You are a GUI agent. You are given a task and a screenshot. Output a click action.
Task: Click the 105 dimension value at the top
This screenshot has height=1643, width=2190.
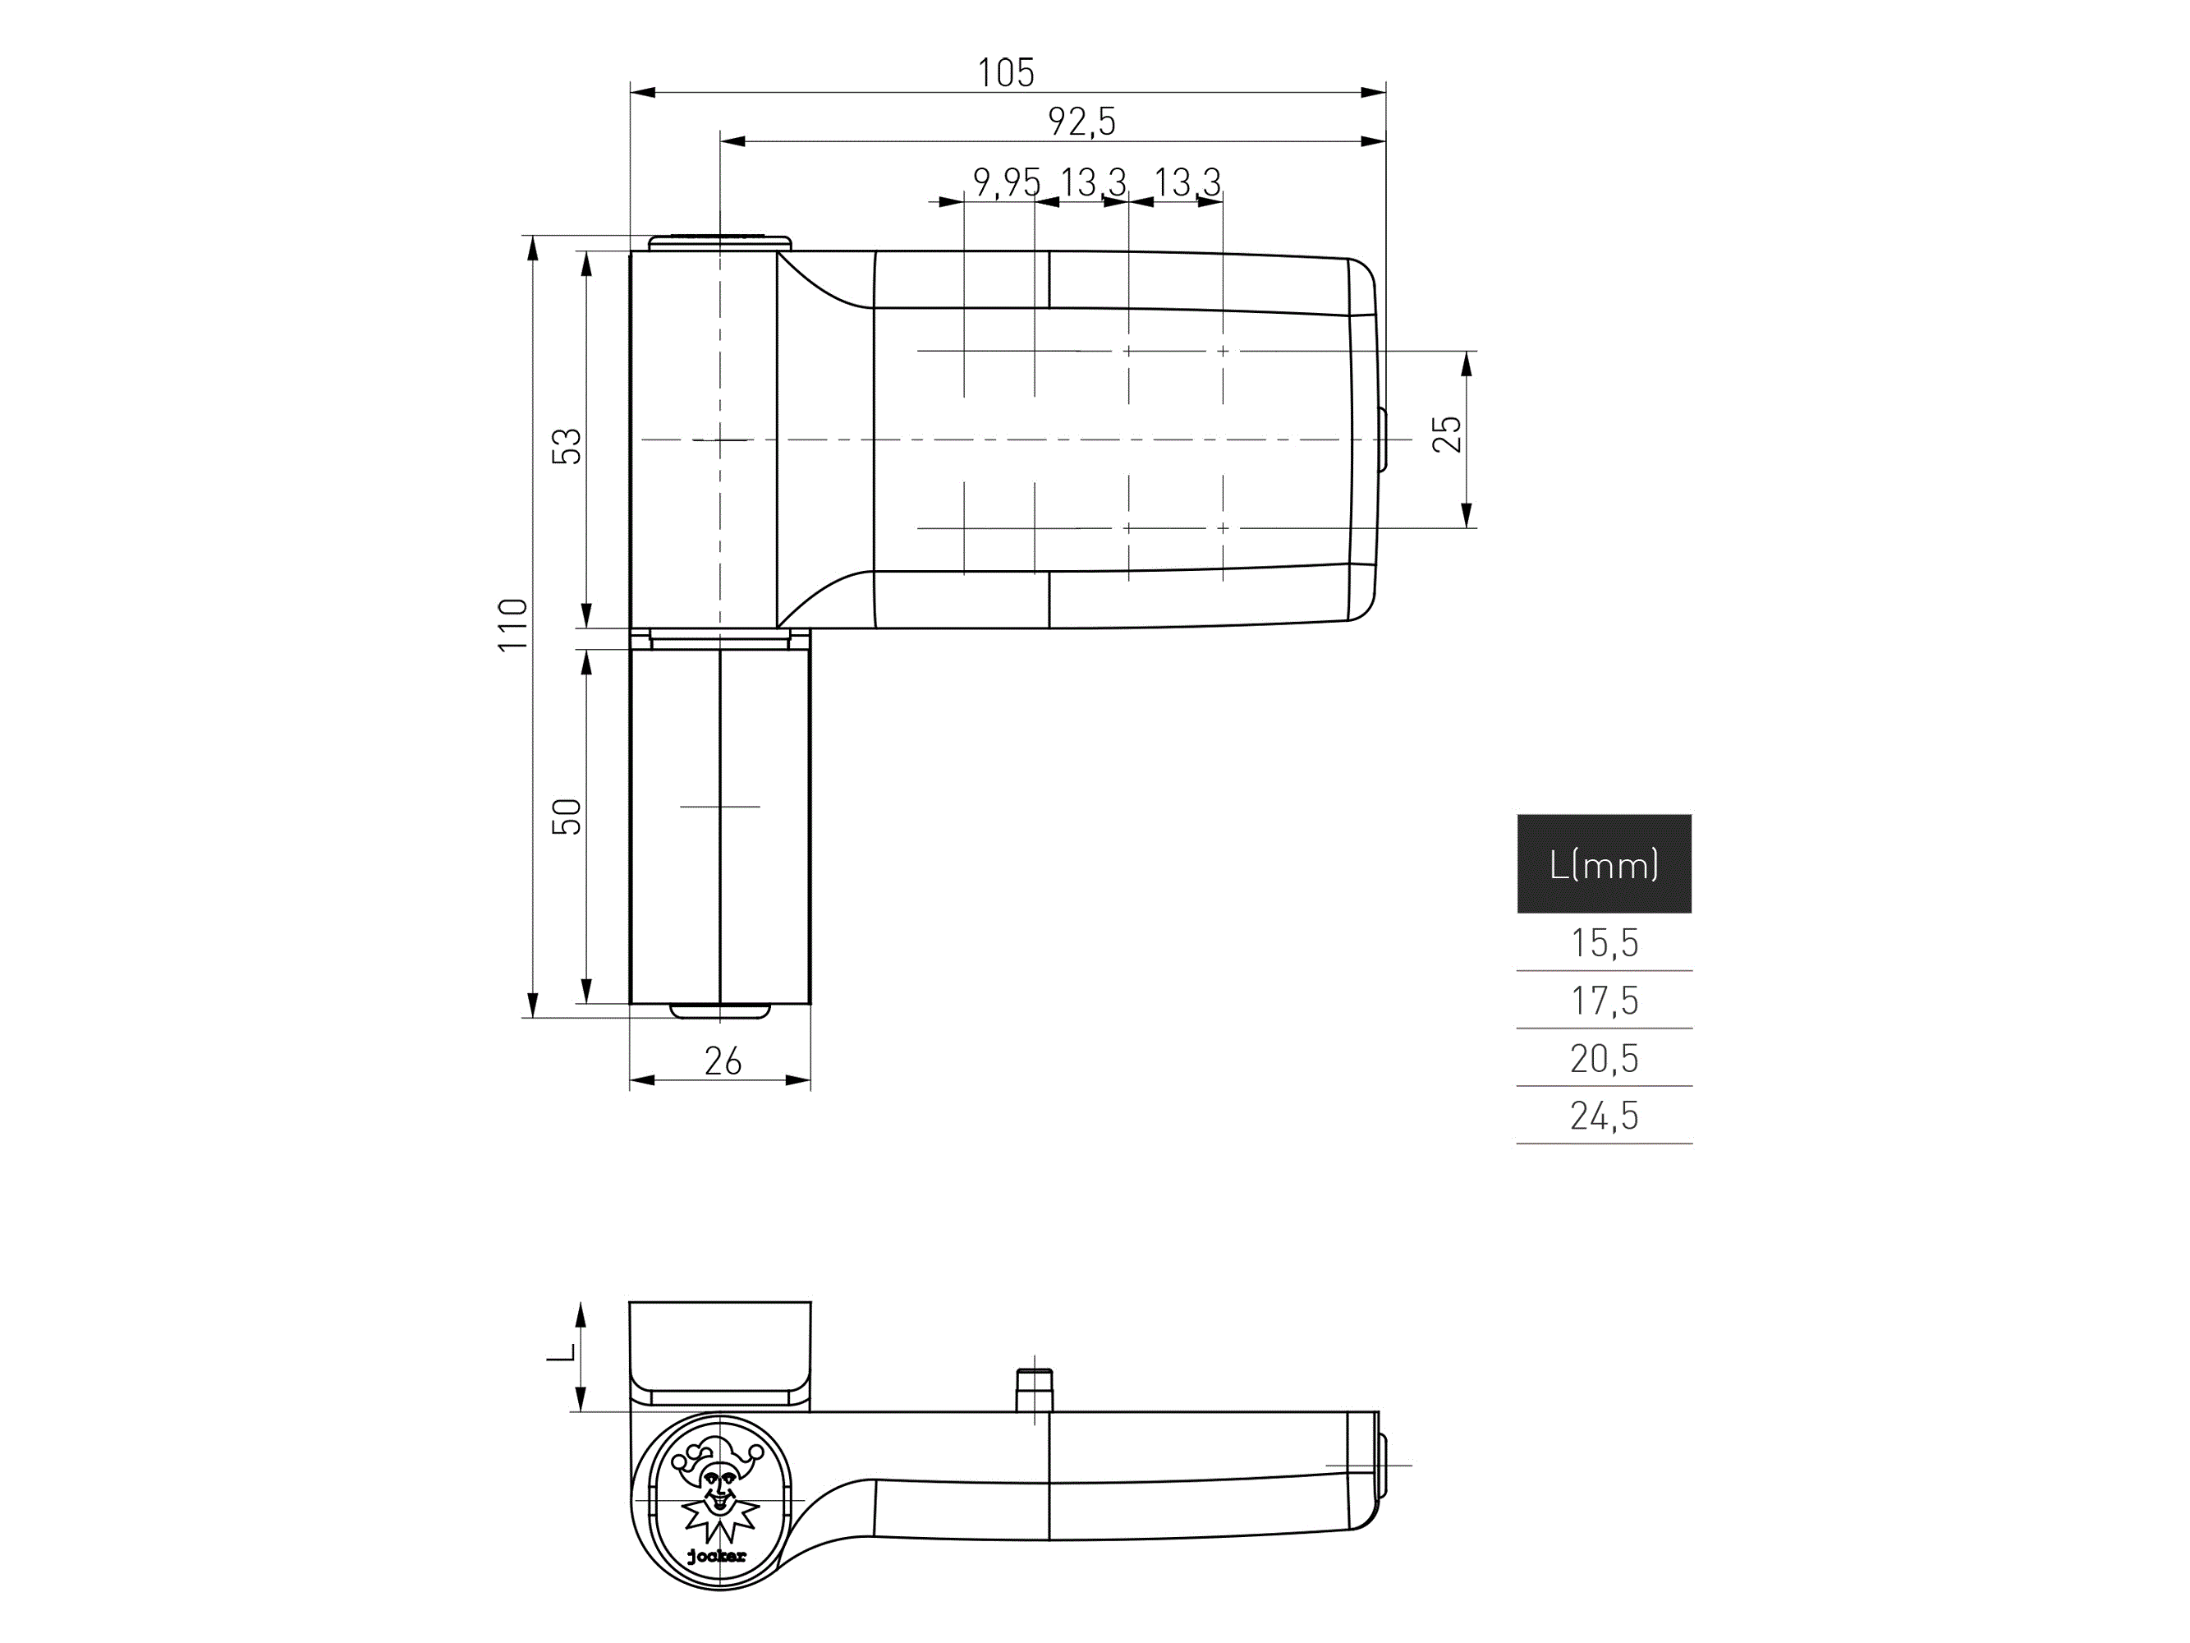coord(1006,73)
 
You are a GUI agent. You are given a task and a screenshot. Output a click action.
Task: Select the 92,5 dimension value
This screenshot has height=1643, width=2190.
coord(1081,122)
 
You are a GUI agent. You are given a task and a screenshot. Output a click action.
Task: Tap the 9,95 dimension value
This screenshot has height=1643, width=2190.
coord(1006,182)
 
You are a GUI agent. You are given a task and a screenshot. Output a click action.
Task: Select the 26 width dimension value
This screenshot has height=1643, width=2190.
coord(722,1061)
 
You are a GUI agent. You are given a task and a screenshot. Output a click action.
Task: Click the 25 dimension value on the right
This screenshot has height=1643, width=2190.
coord(1447,434)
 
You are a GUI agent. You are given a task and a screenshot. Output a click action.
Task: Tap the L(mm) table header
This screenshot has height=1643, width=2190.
coord(1603,864)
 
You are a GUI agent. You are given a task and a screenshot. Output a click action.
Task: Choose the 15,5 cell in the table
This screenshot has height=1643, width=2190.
coord(1603,943)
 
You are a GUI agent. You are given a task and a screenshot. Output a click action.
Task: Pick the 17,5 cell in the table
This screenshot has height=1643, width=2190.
coord(1603,1001)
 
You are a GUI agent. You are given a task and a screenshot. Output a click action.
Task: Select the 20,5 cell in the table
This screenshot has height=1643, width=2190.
coord(1603,1059)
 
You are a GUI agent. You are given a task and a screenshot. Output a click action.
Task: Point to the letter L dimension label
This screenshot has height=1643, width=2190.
coord(560,1353)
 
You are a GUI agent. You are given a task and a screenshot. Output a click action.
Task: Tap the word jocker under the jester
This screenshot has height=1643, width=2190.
coord(717,1557)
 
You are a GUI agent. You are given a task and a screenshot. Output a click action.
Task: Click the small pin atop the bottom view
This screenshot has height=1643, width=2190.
coord(1035,1388)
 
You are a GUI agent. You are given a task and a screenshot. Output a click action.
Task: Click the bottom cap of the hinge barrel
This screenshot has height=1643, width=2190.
coord(720,1011)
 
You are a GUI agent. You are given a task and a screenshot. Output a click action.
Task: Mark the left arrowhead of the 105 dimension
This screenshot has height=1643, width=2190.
coord(642,93)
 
